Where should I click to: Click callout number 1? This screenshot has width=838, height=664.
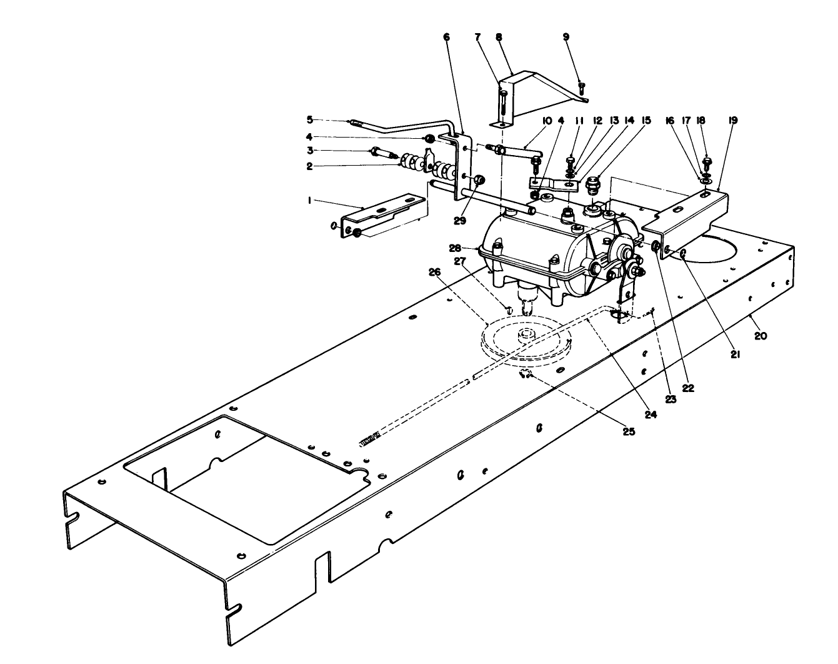[x=309, y=201]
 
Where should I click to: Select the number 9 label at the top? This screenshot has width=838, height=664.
[x=566, y=37]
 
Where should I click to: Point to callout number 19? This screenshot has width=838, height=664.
[x=733, y=120]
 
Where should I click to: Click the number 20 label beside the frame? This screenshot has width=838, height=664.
[x=760, y=335]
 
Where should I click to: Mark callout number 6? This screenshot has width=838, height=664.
[x=446, y=37]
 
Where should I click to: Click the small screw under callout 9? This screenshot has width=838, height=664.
[x=581, y=89]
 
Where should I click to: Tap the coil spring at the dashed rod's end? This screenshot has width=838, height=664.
[x=370, y=442]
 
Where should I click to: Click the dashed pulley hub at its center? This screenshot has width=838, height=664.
[x=527, y=335]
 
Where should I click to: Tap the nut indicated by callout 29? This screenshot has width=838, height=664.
[x=479, y=180]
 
